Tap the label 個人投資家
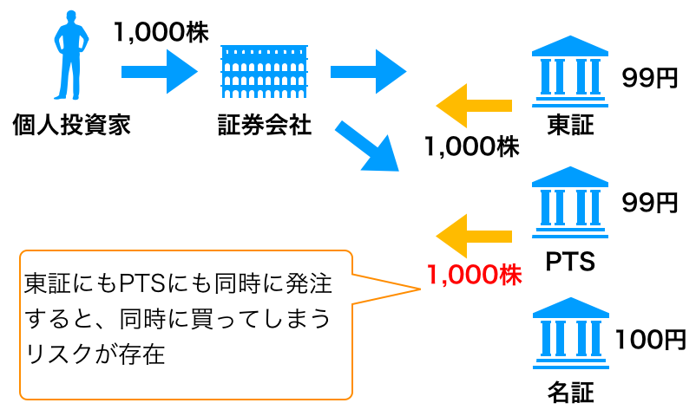pos(71,126)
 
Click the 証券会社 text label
pos(265,126)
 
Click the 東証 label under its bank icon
pos(570,126)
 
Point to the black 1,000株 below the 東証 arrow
pos(472,147)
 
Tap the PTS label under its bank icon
pos(570,260)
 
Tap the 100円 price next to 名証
pos(650,339)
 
